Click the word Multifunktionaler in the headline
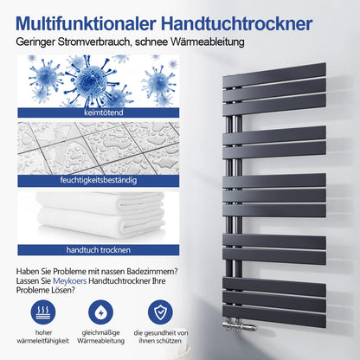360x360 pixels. pos(86,23)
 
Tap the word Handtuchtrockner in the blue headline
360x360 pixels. pos(237,23)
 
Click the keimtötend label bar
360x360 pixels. pos(99,112)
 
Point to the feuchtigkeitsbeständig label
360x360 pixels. pos(99,180)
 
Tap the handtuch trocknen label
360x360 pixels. pos(99,250)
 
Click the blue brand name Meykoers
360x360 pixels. pos(70,280)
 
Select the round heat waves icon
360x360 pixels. pos(43,312)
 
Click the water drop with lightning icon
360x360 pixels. pos(100,312)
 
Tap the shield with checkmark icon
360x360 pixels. pos(160,312)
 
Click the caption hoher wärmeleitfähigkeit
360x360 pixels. pos(43,337)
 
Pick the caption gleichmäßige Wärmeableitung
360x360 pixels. pos(100,337)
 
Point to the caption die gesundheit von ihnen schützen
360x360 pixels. pos(161,337)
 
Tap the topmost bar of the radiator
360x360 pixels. pos(274,74)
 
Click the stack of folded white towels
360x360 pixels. pos(100,215)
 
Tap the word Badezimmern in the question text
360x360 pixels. pos(154,272)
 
